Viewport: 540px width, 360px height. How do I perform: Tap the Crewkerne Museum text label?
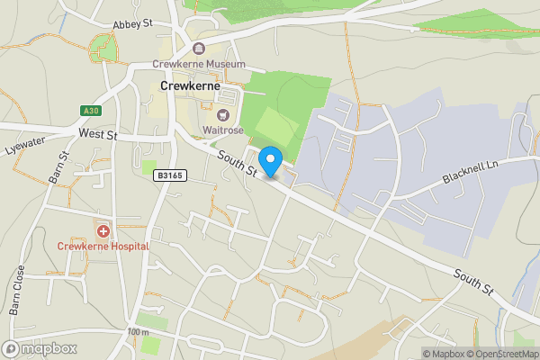point(199,65)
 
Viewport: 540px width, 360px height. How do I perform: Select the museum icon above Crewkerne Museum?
point(199,49)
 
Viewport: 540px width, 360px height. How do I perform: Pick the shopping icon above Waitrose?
point(221,114)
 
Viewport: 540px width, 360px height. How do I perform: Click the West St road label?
point(98,133)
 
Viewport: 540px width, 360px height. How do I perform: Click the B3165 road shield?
point(169,175)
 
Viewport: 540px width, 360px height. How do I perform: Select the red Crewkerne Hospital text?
point(103,246)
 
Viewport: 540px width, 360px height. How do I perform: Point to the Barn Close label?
point(18,290)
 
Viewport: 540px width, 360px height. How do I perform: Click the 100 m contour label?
point(138,332)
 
